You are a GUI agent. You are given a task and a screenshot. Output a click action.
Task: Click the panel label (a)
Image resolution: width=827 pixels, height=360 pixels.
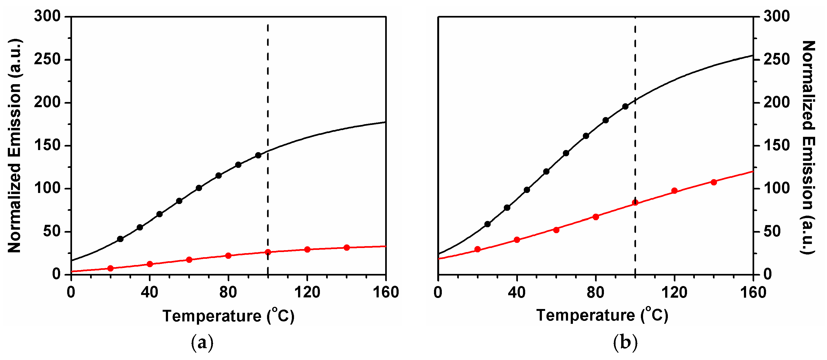pos(202,343)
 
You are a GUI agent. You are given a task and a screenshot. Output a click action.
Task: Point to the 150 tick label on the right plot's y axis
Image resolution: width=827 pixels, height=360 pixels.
pos(777,145)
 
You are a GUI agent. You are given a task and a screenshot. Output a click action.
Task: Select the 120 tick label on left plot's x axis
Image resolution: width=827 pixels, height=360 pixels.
pos(307,293)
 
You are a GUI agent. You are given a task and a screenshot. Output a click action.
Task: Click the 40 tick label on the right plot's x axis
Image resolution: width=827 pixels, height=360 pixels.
pos(517,293)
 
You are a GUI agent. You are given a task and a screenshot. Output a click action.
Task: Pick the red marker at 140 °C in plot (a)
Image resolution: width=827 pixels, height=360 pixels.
pos(347,247)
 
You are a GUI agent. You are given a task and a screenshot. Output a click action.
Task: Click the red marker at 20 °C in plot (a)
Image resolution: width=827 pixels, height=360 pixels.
pos(110,268)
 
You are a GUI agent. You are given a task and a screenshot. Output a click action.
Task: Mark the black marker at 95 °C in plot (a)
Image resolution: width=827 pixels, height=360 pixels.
pos(258,155)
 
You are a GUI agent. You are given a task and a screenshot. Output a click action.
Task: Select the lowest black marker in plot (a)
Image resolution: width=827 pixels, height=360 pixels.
pos(120,239)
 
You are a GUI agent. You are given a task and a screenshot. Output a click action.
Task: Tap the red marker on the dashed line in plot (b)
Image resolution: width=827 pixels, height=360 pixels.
pos(635,202)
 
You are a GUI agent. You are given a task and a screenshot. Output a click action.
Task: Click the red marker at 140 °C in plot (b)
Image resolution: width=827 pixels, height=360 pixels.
pos(714,182)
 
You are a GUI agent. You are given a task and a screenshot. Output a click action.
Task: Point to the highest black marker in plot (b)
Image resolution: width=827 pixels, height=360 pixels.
pos(625,107)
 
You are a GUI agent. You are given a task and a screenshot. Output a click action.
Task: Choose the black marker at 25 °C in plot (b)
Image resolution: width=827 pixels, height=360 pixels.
pos(487,224)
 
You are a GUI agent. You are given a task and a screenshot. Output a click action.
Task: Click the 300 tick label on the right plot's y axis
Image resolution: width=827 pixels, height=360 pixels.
pos(777,16)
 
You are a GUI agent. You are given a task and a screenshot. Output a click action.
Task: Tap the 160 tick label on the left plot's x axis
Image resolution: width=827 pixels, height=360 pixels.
pos(385,293)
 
